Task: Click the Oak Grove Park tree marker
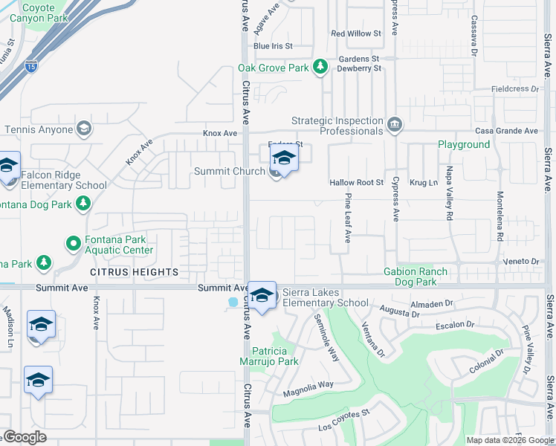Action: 320,68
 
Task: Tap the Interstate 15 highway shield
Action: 30,66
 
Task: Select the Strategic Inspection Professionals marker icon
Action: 395,124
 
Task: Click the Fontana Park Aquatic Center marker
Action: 73,243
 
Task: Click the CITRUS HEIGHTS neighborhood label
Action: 134,273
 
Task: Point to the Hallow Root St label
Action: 357,182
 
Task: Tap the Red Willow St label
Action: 355,33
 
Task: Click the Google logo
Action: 25,437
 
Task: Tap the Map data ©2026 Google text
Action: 510,440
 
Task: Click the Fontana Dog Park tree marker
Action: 84,203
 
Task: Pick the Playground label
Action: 464,144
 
